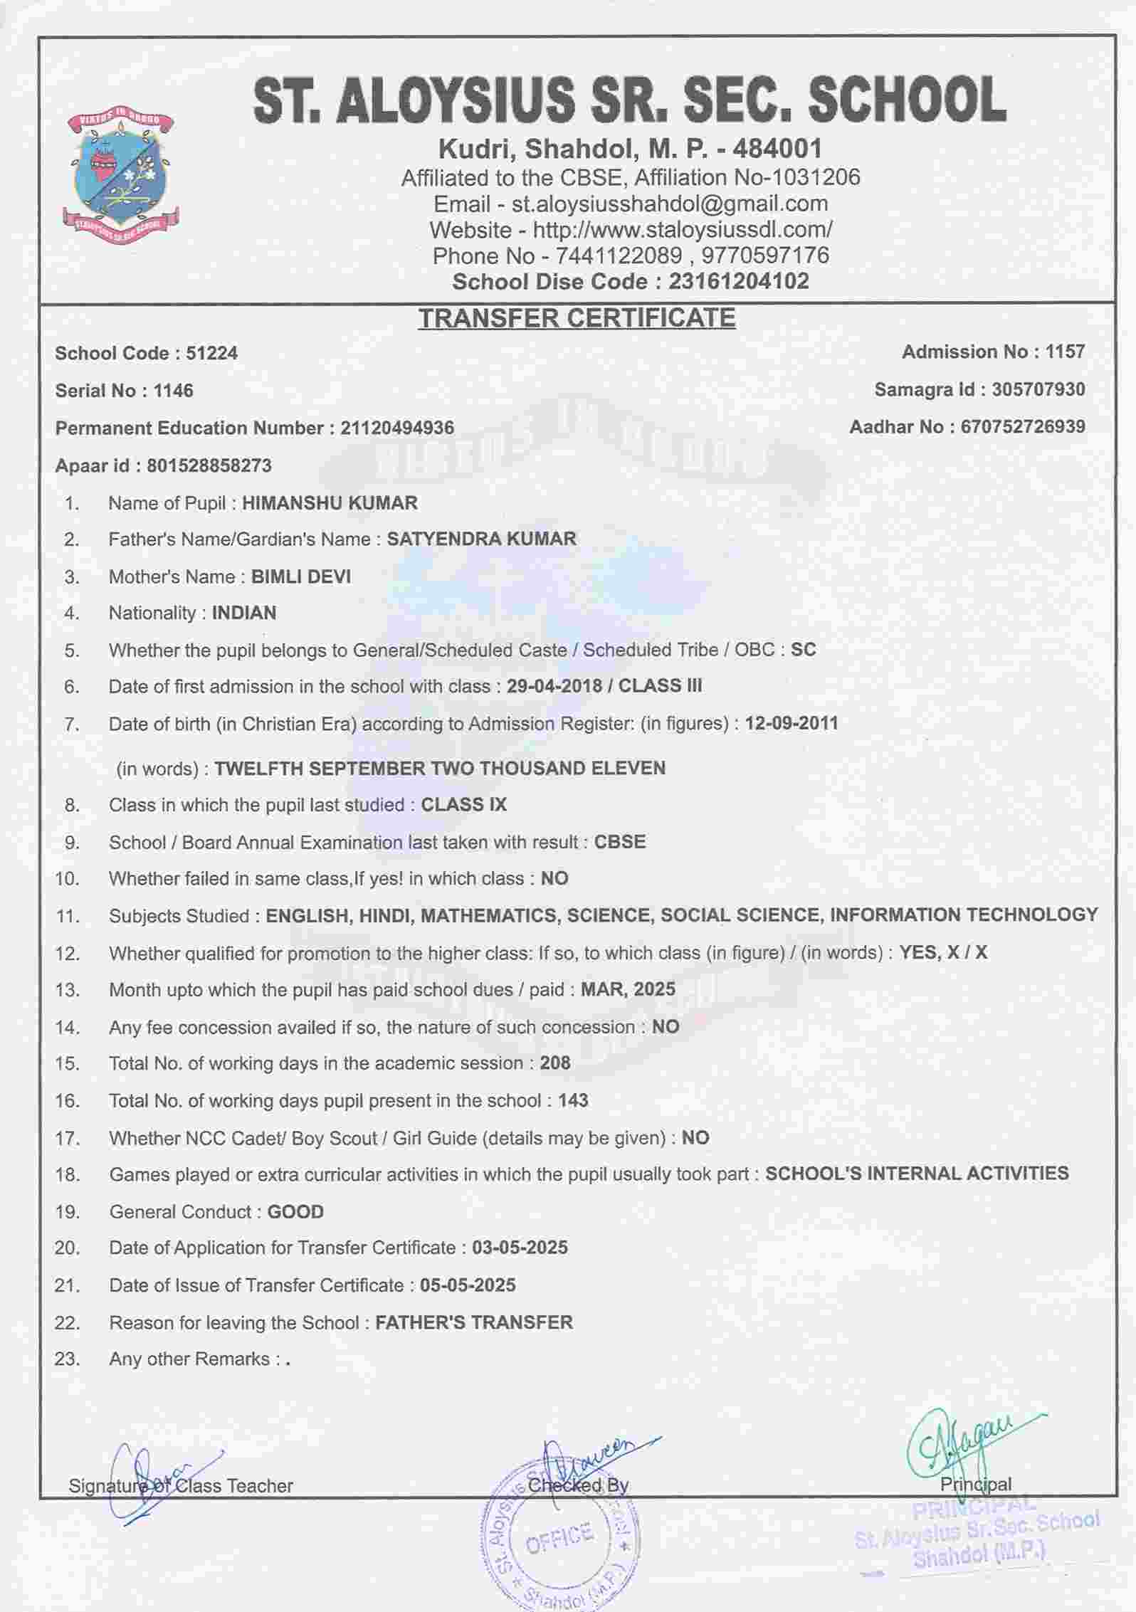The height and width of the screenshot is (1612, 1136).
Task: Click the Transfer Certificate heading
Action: point(577,318)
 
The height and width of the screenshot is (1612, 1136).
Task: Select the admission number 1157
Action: point(1065,352)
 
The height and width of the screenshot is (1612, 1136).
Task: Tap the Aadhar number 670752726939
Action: point(1023,427)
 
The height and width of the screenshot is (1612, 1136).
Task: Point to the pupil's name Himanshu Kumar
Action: point(330,503)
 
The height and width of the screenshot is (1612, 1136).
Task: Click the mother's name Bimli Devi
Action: point(301,576)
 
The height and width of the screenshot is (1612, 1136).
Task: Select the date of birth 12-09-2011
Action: point(791,724)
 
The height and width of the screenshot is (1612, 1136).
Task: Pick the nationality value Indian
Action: point(244,613)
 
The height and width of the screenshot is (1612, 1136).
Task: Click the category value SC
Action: point(804,650)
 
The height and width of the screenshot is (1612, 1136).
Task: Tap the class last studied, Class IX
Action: point(464,805)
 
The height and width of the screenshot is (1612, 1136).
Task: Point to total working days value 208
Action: point(555,1063)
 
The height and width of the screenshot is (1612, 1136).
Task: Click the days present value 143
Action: point(573,1101)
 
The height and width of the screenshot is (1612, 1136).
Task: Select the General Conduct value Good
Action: point(295,1212)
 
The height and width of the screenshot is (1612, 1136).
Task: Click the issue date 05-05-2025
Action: point(468,1285)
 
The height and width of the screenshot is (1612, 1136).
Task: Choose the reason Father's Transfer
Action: point(474,1323)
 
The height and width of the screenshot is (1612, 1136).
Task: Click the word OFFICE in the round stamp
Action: point(559,1538)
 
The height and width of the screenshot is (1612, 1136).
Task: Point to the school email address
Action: point(670,204)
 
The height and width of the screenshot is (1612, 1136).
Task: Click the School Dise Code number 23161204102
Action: point(738,282)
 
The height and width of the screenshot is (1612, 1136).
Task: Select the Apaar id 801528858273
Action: point(209,466)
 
